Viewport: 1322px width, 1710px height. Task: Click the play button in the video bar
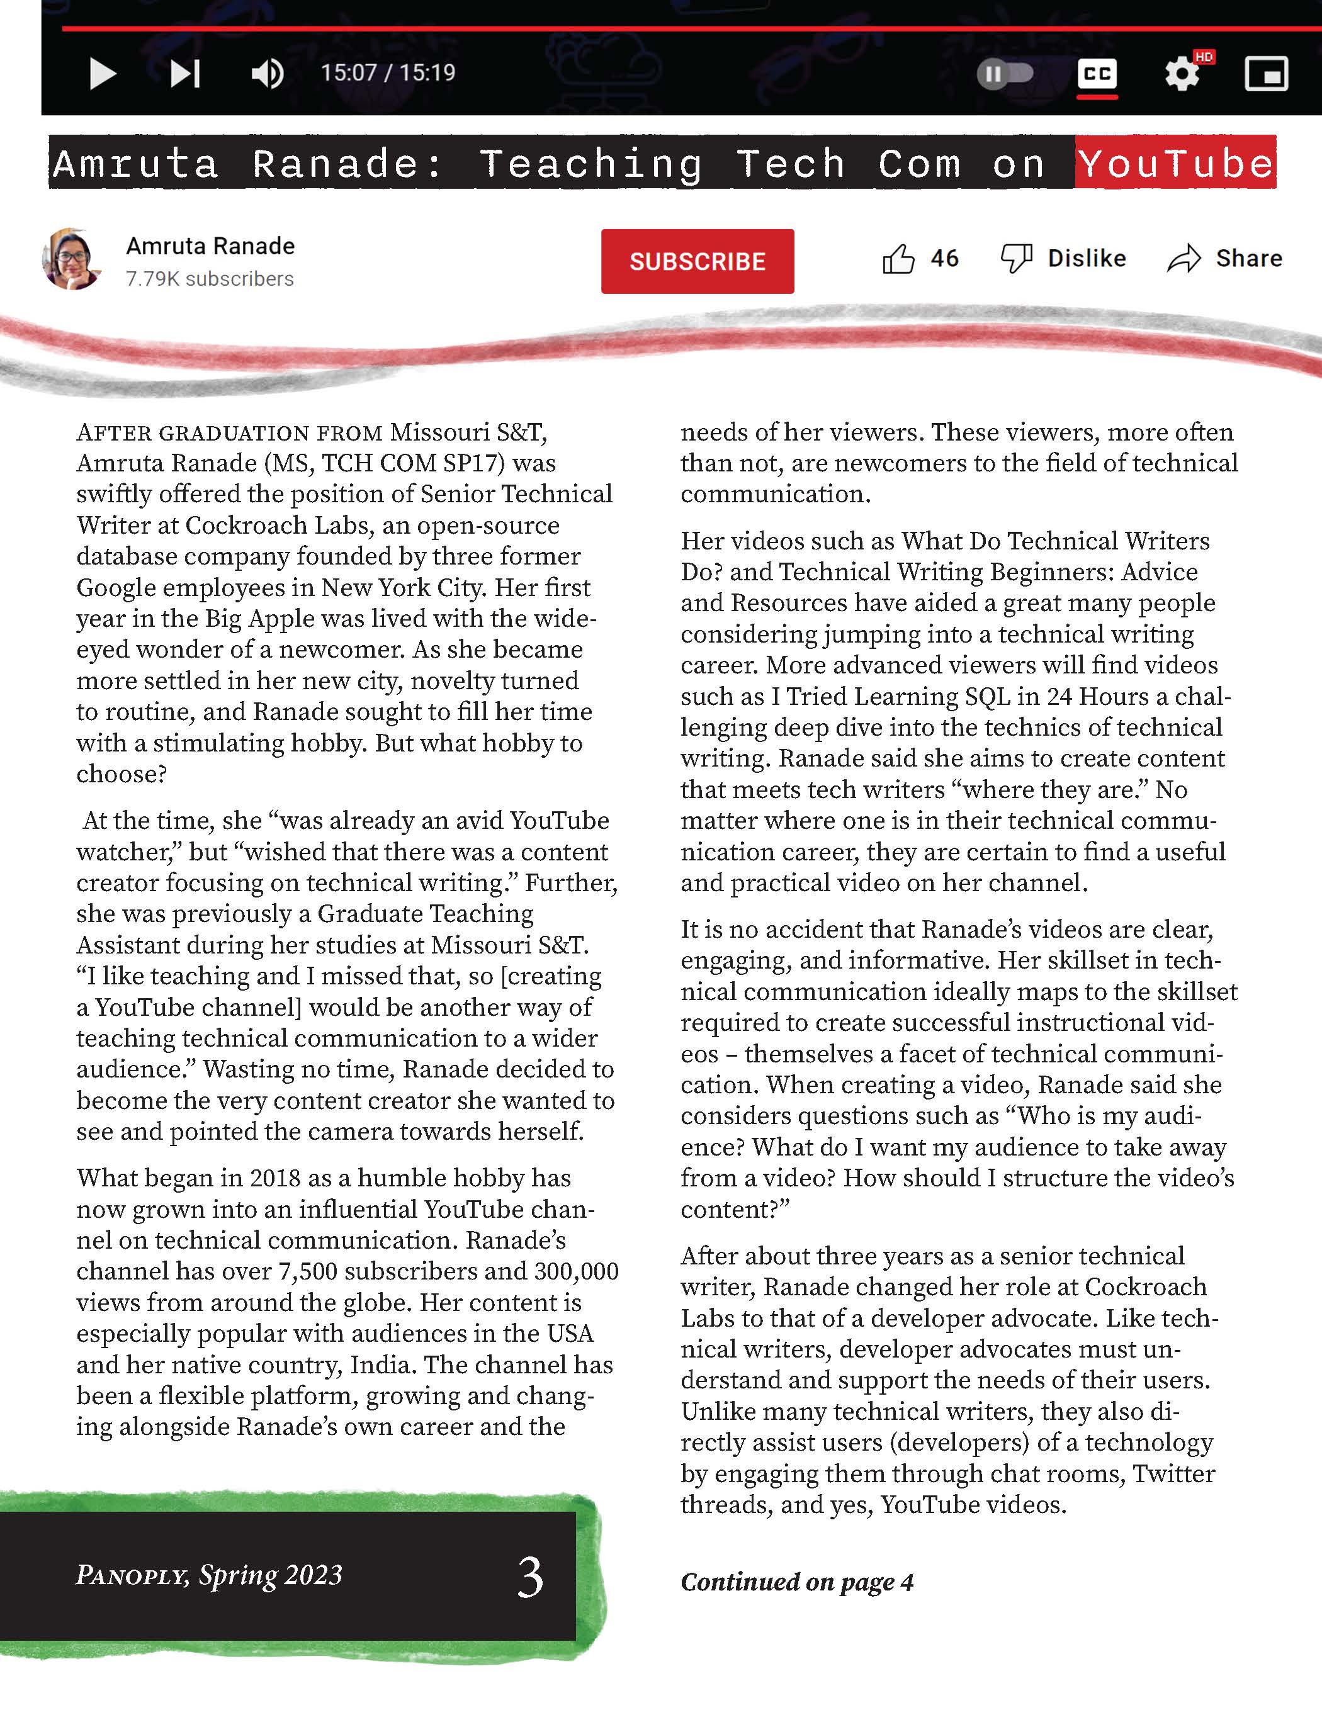[103, 74]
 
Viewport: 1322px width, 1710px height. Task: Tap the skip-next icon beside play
[186, 74]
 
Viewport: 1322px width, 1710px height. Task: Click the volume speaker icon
[267, 74]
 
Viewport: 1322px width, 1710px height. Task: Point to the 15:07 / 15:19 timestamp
[388, 73]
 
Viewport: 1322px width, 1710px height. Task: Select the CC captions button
[1097, 74]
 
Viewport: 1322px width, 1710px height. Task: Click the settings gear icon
[1182, 74]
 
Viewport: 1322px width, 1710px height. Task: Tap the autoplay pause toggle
[1005, 74]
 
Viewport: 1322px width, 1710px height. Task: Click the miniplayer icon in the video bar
[1265, 74]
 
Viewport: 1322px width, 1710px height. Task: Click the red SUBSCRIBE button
[697, 261]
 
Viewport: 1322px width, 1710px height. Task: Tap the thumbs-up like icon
[898, 259]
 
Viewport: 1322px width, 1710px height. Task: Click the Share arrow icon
[1184, 259]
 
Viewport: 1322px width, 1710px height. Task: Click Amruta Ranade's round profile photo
[72, 259]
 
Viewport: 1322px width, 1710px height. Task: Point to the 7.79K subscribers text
[210, 279]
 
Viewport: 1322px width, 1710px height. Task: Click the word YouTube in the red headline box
[1175, 163]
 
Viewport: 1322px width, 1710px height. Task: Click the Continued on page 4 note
[796, 1582]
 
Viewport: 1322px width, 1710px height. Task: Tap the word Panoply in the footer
[132, 1575]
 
